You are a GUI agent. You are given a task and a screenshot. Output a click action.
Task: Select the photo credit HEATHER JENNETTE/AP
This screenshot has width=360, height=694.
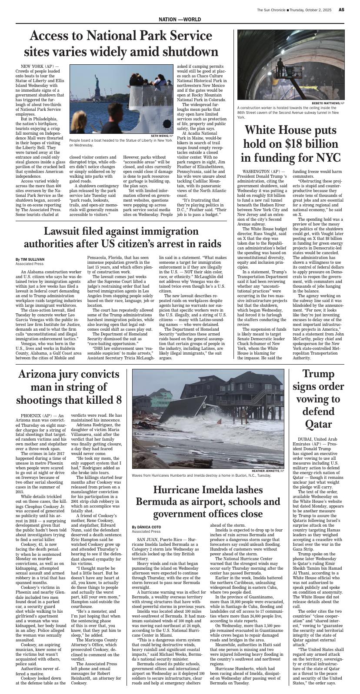click(268, 471)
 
